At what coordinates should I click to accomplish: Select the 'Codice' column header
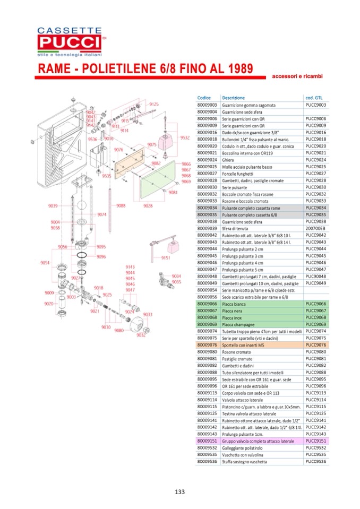point(204,98)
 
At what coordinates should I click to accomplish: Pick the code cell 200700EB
point(316,228)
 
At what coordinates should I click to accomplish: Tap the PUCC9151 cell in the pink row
point(316,441)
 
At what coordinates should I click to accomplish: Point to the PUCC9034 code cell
point(316,208)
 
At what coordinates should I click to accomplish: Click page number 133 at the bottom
point(179,492)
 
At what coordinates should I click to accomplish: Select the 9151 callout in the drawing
point(166,257)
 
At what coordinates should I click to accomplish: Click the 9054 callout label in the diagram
point(45,263)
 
